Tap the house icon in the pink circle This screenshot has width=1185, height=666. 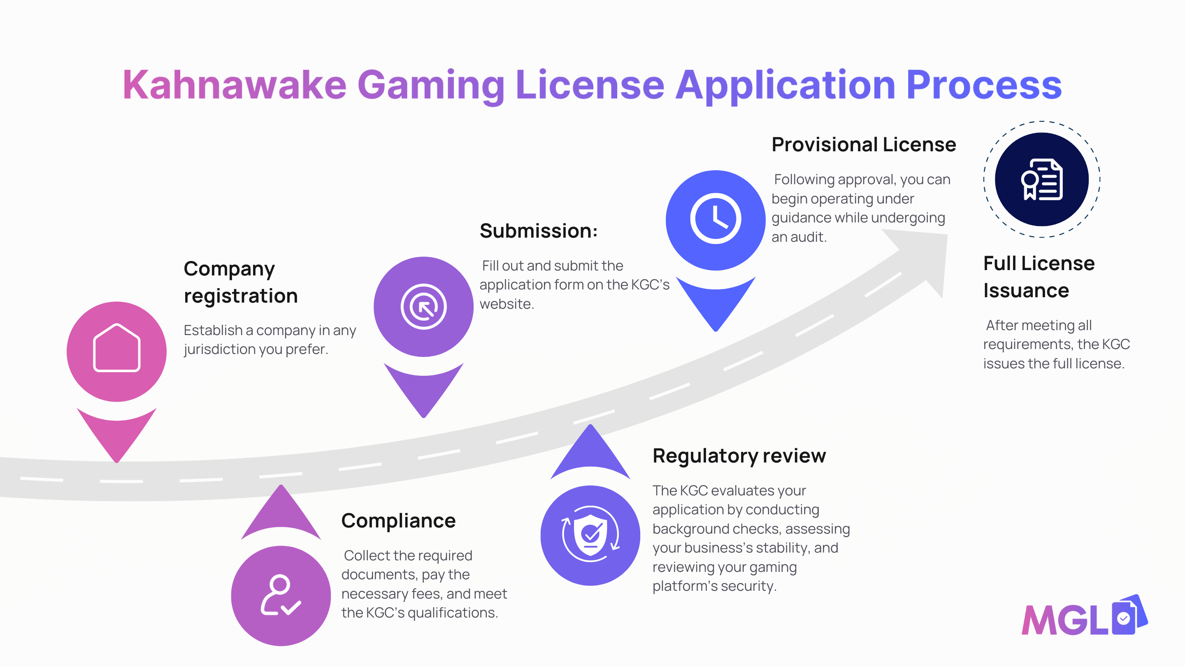[117, 347]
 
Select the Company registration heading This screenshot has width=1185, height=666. [241, 282]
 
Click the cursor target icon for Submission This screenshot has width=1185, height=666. [423, 307]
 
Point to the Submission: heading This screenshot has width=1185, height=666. [539, 231]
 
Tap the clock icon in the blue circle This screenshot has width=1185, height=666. [716, 219]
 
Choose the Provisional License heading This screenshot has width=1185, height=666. [864, 144]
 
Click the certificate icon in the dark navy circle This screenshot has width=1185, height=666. [1042, 179]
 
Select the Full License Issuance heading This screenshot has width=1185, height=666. [1039, 277]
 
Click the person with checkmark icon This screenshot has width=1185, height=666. [281, 595]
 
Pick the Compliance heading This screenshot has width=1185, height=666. [398, 521]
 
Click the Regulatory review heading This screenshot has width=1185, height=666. [739, 456]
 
